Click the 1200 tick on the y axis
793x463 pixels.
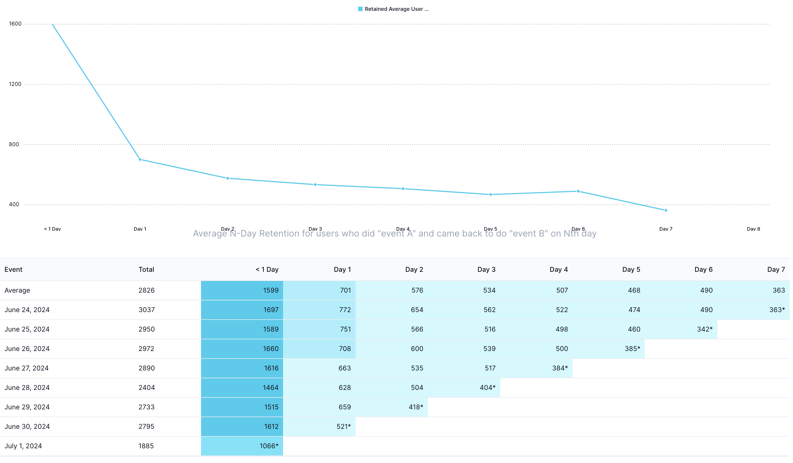[x=15, y=84]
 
